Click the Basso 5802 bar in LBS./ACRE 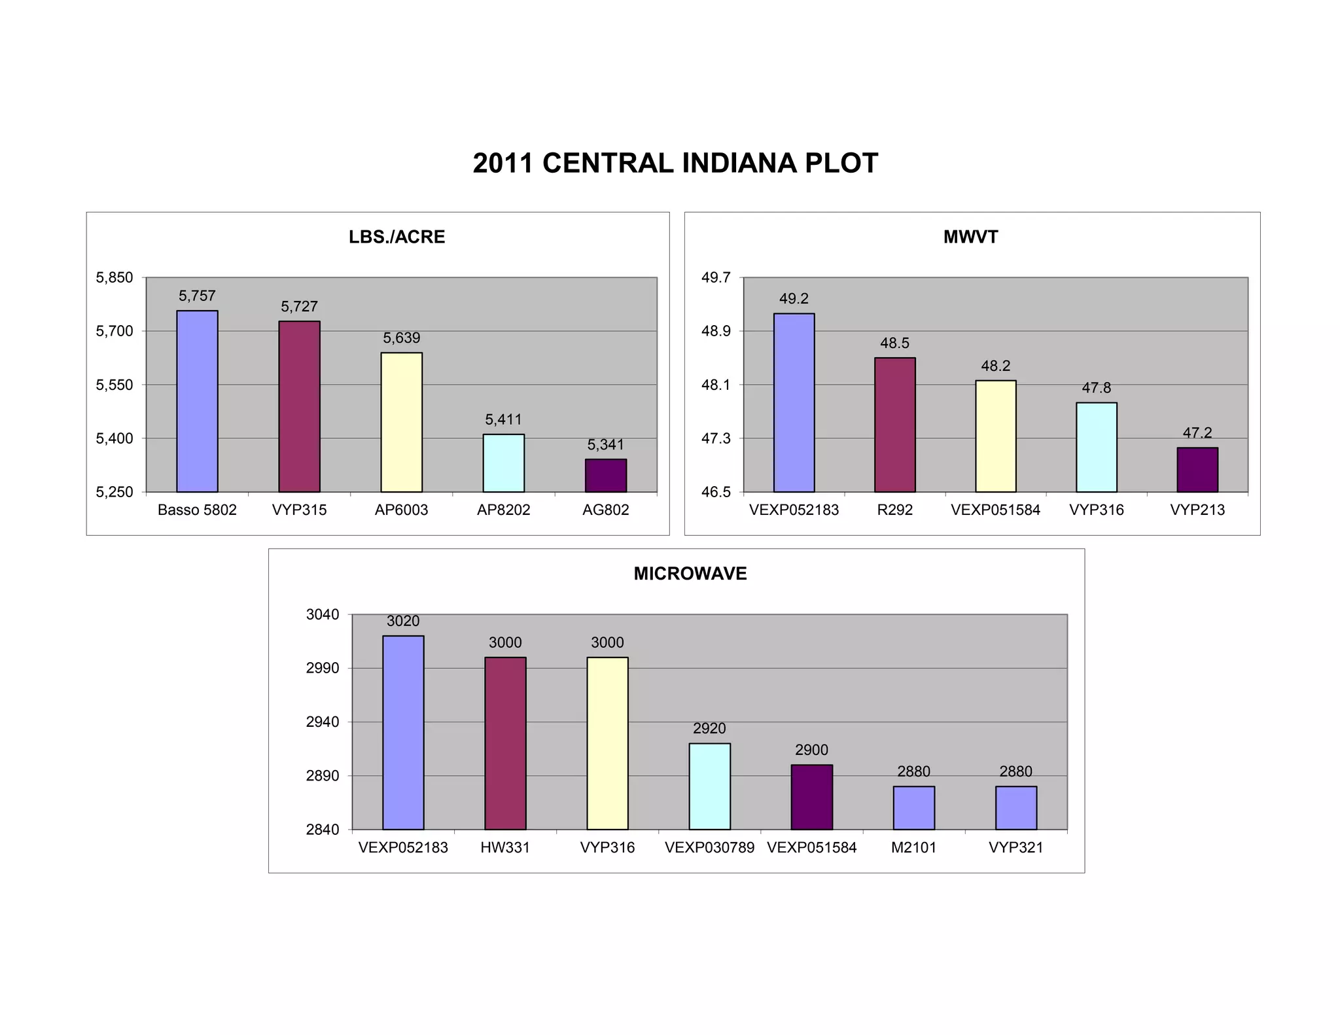pos(197,401)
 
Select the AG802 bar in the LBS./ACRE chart pos(605,476)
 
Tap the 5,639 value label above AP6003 pos(401,338)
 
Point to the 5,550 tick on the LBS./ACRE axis pos(115,385)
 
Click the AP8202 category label pos(503,510)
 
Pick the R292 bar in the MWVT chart pos(894,425)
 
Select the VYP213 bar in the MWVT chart pos(1197,470)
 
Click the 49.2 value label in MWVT pos(794,299)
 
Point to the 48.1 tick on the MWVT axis pos(716,385)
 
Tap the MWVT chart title pos(970,237)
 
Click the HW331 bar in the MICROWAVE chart pos(505,743)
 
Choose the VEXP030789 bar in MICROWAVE pos(709,786)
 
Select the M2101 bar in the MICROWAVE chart pos(913,808)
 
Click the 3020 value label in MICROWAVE pos(403,622)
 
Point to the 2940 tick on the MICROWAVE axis pos(323,722)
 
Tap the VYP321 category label pos(1015,848)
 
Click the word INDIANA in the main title pos(739,164)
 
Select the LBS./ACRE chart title pos(397,237)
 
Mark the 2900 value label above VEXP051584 pos(811,750)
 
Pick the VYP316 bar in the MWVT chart pos(1096,447)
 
